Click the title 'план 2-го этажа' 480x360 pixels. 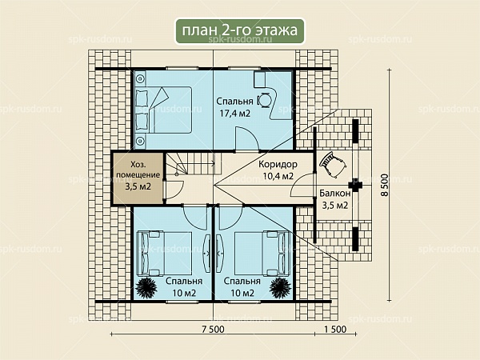tap(240, 30)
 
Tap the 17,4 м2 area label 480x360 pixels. tap(235, 114)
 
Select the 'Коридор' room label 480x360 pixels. tap(278, 164)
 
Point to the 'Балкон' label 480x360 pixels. tap(334, 193)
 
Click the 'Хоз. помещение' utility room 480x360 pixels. tap(138, 178)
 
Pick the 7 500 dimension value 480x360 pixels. tap(213, 329)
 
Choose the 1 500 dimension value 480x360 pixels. tap(335, 329)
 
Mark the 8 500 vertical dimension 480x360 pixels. tap(384, 185)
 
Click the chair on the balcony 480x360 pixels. tap(333, 164)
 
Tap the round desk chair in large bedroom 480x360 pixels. tap(264, 100)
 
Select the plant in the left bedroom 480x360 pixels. tap(146, 287)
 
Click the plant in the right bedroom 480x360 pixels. tap(280, 287)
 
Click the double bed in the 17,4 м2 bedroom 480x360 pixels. tap(163, 110)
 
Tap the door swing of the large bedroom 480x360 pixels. tap(246, 139)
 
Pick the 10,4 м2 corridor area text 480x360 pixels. tap(278, 176)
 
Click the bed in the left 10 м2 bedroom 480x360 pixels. tap(164, 254)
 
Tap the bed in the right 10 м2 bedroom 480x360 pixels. tap(262, 254)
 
